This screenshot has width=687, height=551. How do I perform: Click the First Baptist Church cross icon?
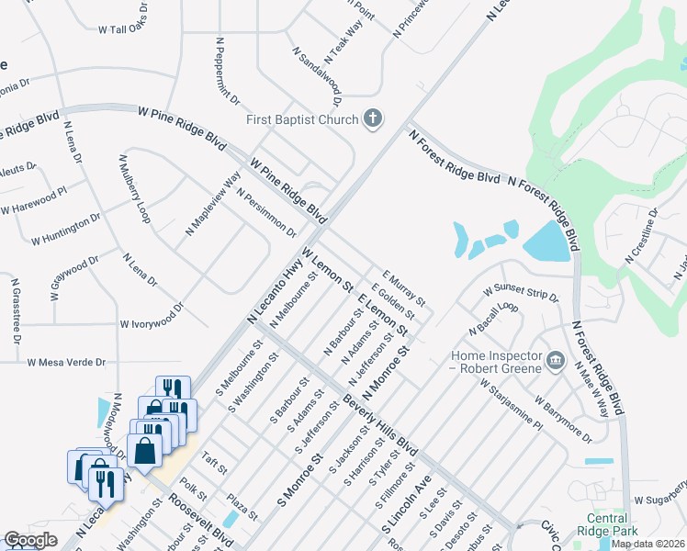click(x=372, y=118)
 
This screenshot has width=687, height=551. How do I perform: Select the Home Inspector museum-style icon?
click(x=554, y=359)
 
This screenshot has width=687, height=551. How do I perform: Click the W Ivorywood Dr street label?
click(x=152, y=324)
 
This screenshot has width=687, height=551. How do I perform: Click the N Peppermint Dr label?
click(x=228, y=70)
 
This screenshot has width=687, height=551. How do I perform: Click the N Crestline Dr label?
click(x=642, y=235)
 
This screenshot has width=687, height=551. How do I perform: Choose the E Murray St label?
click(x=403, y=287)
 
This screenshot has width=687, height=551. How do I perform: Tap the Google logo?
click(x=30, y=540)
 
